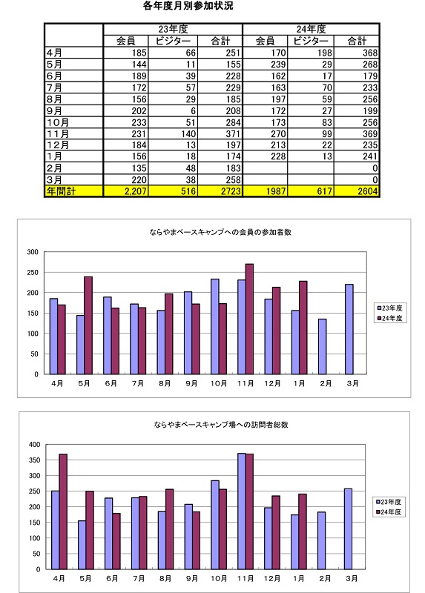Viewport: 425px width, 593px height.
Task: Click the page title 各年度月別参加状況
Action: (188, 6)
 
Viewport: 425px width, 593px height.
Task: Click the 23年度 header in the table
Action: (173, 29)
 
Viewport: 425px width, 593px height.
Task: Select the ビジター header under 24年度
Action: (311, 41)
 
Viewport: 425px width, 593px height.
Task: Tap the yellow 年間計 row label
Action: (61, 191)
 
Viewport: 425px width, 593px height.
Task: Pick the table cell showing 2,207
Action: (136, 191)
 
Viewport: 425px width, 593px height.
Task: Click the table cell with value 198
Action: (325, 53)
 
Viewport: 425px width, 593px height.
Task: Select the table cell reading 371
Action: (233, 134)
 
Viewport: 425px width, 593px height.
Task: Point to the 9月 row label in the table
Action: (54, 110)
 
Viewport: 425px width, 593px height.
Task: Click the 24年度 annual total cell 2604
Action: (368, 191)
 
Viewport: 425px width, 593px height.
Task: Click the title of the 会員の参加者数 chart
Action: (220, 232)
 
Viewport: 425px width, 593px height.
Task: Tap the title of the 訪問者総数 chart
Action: (221, 425)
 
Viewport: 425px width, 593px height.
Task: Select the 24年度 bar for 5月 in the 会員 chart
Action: (88, 325)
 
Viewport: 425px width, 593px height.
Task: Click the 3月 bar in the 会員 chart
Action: (349, 329)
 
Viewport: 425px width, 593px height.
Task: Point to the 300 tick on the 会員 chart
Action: (33, 252)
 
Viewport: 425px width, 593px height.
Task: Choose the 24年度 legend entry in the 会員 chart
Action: (389, 319)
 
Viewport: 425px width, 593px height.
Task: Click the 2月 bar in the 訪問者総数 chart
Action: (321, 541)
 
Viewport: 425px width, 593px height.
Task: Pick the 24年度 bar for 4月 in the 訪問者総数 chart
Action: (63, 511)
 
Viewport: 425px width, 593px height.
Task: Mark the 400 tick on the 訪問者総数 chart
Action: (34, 445)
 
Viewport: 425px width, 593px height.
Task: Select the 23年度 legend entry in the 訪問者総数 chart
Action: (389, 502)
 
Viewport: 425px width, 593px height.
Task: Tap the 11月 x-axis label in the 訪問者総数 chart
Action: (246, 579)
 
